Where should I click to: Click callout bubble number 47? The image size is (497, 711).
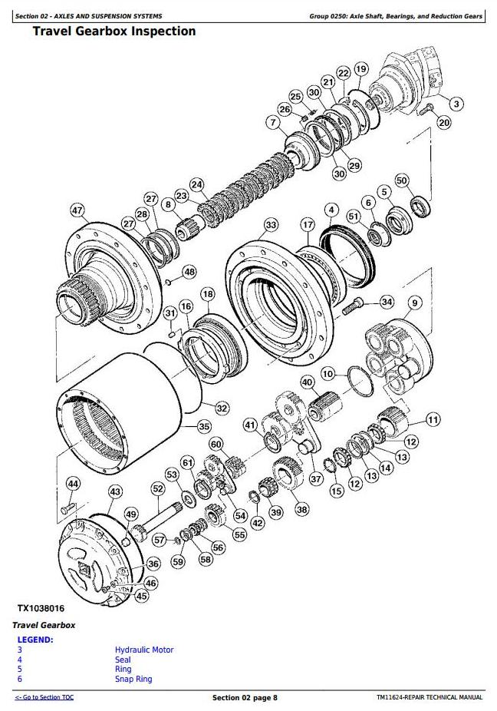[77, 210]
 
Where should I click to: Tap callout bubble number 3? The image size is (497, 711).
[456, 104]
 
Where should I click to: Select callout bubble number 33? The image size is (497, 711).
[271, 225]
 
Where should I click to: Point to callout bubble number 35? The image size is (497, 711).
[204, 426]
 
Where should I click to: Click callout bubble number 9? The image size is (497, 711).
[414, 303]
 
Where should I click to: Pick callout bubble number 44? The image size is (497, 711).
[73, 484]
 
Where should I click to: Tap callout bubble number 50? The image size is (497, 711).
[402, 180]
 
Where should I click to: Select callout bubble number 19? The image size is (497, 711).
[360, 69]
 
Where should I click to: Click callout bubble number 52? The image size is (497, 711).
[158, 489]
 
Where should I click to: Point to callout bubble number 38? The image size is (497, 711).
[301, 510]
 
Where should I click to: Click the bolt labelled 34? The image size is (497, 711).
[354, 306]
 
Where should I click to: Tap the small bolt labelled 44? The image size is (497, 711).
[67, 508]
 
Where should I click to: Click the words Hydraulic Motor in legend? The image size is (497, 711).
[144, 650]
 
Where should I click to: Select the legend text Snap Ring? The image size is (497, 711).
[133, 679]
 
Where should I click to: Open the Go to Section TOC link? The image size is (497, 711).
[44, 697]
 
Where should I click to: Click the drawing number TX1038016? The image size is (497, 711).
[41, 608]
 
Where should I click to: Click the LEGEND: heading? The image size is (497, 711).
[35, 640]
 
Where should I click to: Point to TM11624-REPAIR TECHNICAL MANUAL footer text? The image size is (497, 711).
[430, 697]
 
